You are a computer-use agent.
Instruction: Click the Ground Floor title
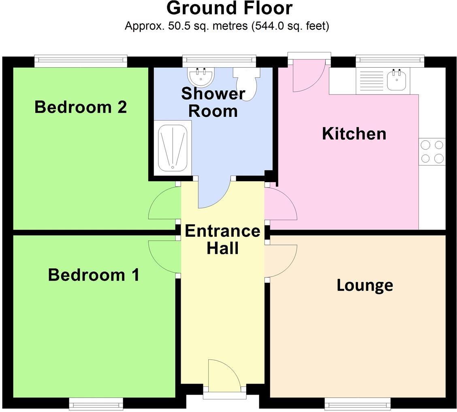(229, 8)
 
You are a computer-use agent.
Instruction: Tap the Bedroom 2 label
(81, 107)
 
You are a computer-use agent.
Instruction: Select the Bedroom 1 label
(94, 275)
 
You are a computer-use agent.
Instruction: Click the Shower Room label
(213, 102)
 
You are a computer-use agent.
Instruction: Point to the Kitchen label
(354, 134)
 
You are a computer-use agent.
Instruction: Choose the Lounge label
(365, 285)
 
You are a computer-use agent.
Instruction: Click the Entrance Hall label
(222, 239)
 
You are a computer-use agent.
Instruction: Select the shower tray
(173, 148)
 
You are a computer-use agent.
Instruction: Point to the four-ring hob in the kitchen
(432, 151)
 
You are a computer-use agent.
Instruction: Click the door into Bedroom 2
(164, 203)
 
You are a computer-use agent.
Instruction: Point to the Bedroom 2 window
(81, 61)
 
